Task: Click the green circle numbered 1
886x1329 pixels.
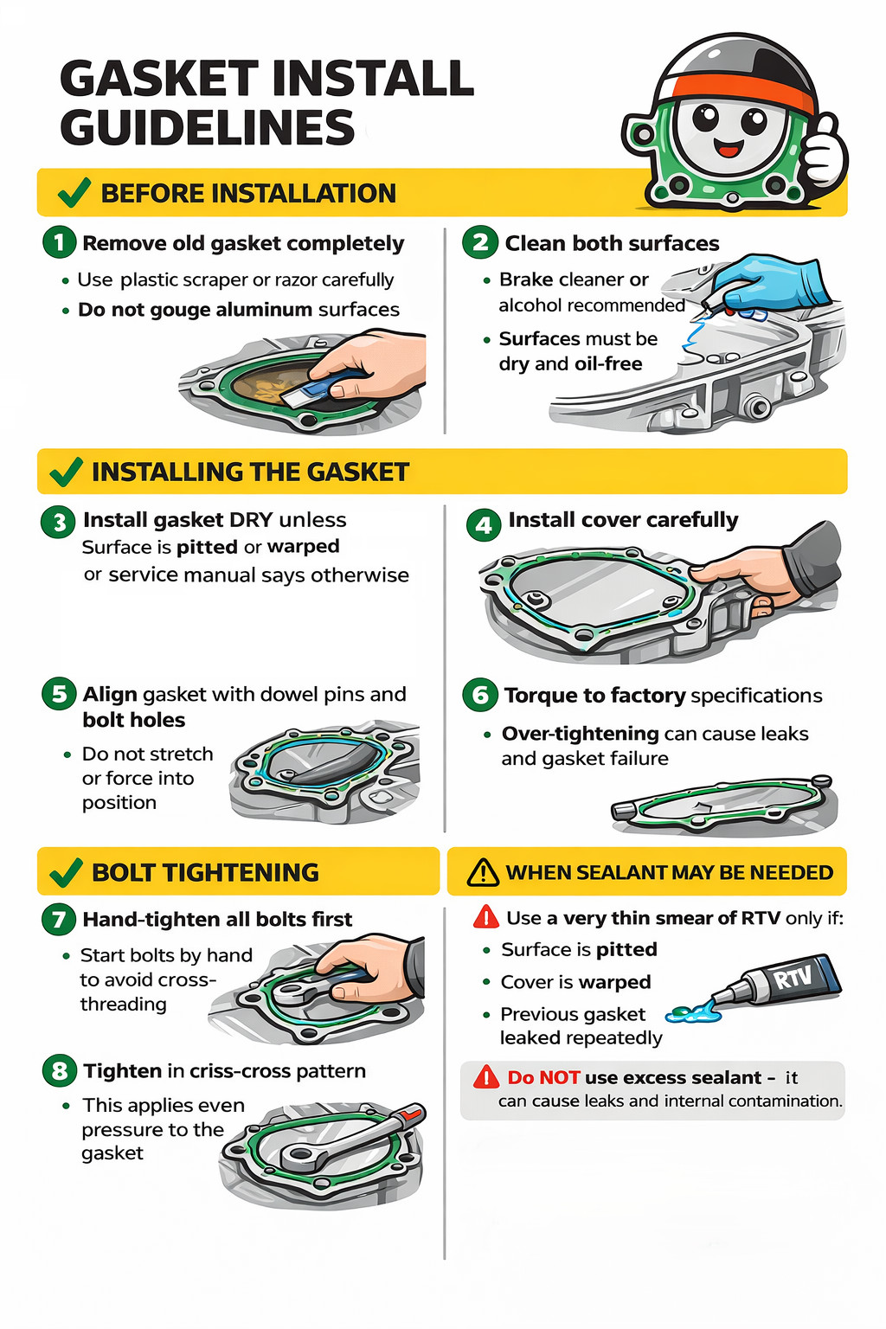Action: [x=60, y=242]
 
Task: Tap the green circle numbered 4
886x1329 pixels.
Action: [x=484, y=525]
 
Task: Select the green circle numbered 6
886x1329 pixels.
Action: [x=479, y=695]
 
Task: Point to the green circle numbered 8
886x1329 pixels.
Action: [x=60, y=1071]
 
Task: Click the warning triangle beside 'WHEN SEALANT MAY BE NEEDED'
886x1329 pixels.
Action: [x=483, y=872]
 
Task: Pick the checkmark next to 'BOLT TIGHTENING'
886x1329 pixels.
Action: [x=66, y=871]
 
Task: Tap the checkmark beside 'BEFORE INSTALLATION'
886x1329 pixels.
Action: [x=74, y=192]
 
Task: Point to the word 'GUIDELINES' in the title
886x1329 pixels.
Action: [x=207, y=127]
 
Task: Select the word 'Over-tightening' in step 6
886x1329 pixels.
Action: [x=580, y=734]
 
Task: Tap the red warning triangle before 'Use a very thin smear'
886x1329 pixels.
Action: [x=486, y=917]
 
